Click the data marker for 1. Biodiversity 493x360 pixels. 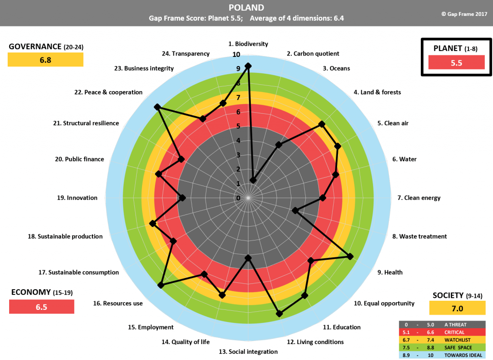pos(248,66)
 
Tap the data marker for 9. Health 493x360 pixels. pos(350,257)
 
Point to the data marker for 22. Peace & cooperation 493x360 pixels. pos(157,107)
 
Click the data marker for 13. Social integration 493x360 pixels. pos(248,258)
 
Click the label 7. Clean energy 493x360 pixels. pos(419,198)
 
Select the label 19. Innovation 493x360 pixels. pos(77,198)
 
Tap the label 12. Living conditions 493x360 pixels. pos(315,342)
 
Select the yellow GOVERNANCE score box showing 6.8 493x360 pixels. pos(45,60)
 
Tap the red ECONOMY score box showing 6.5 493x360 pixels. pos(41,307)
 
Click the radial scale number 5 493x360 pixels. pos(238,126)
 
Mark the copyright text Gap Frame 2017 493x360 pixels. pos(464,14)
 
